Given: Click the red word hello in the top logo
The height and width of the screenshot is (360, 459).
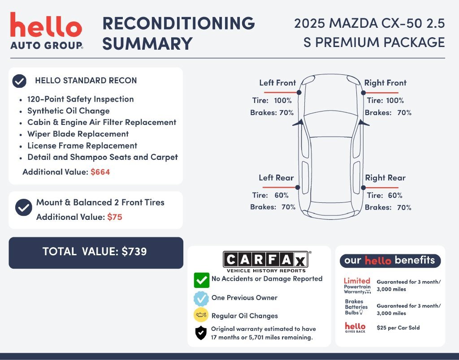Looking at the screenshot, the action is [x=46, y=25].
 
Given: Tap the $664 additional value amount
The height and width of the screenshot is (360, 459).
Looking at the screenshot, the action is [x=100, y=172].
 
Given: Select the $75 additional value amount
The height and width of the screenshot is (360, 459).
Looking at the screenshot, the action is [x=114, y=217].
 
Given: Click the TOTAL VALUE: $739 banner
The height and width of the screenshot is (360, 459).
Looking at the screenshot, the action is [x=96, y=253].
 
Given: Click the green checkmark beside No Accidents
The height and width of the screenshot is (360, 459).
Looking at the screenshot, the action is [x=201, y=280].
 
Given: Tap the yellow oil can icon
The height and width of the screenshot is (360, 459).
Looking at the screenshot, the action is [x=201, y=315].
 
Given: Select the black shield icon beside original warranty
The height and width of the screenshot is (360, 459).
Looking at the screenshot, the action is [x=201, y=333].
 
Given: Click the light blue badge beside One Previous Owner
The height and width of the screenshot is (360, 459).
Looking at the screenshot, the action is [x=201, y=299].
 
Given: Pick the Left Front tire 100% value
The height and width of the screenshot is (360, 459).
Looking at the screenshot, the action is [x=283, y=101].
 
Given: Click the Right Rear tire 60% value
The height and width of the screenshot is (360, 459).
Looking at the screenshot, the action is [x=395, y=195].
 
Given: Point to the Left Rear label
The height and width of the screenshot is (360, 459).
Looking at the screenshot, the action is [x=276, y=178].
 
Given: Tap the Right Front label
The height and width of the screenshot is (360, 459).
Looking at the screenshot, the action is [x=385, y=83].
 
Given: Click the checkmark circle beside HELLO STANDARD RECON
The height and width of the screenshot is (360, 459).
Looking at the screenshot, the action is [x=19, y=81].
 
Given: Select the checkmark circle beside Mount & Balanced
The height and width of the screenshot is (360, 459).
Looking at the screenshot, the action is [x=24, y=207].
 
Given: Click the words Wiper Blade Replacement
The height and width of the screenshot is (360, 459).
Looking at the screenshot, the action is [x=78, y=134].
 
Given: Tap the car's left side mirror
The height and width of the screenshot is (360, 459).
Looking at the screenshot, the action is [x=298, y=123].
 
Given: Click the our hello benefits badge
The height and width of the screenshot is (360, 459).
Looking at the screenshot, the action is [x=390, y=261].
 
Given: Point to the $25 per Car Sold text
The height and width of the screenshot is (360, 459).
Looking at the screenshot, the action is [x=398, y=328].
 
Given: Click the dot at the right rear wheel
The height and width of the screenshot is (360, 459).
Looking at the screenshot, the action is [x=363, y=188].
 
